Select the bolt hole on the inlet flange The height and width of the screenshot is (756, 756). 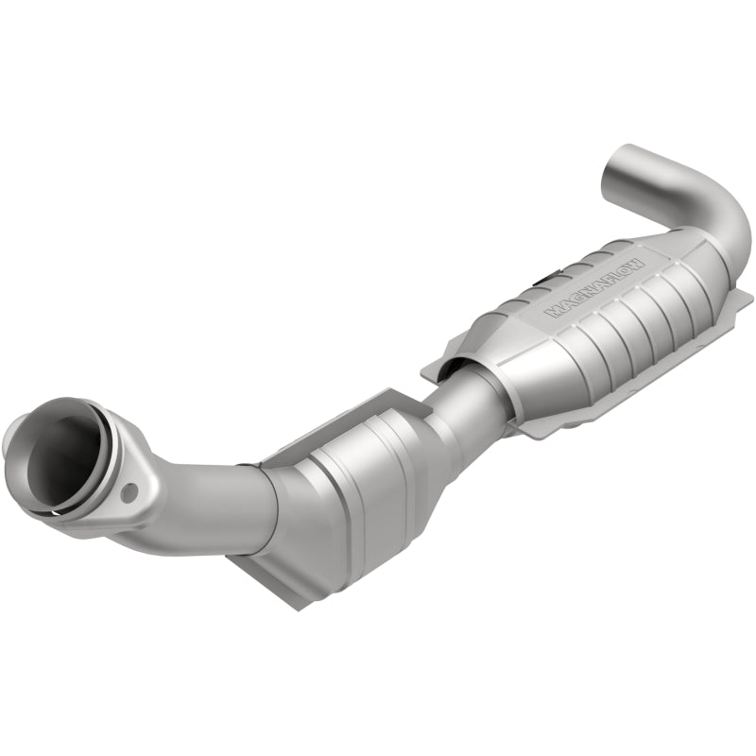pos(129,490)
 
